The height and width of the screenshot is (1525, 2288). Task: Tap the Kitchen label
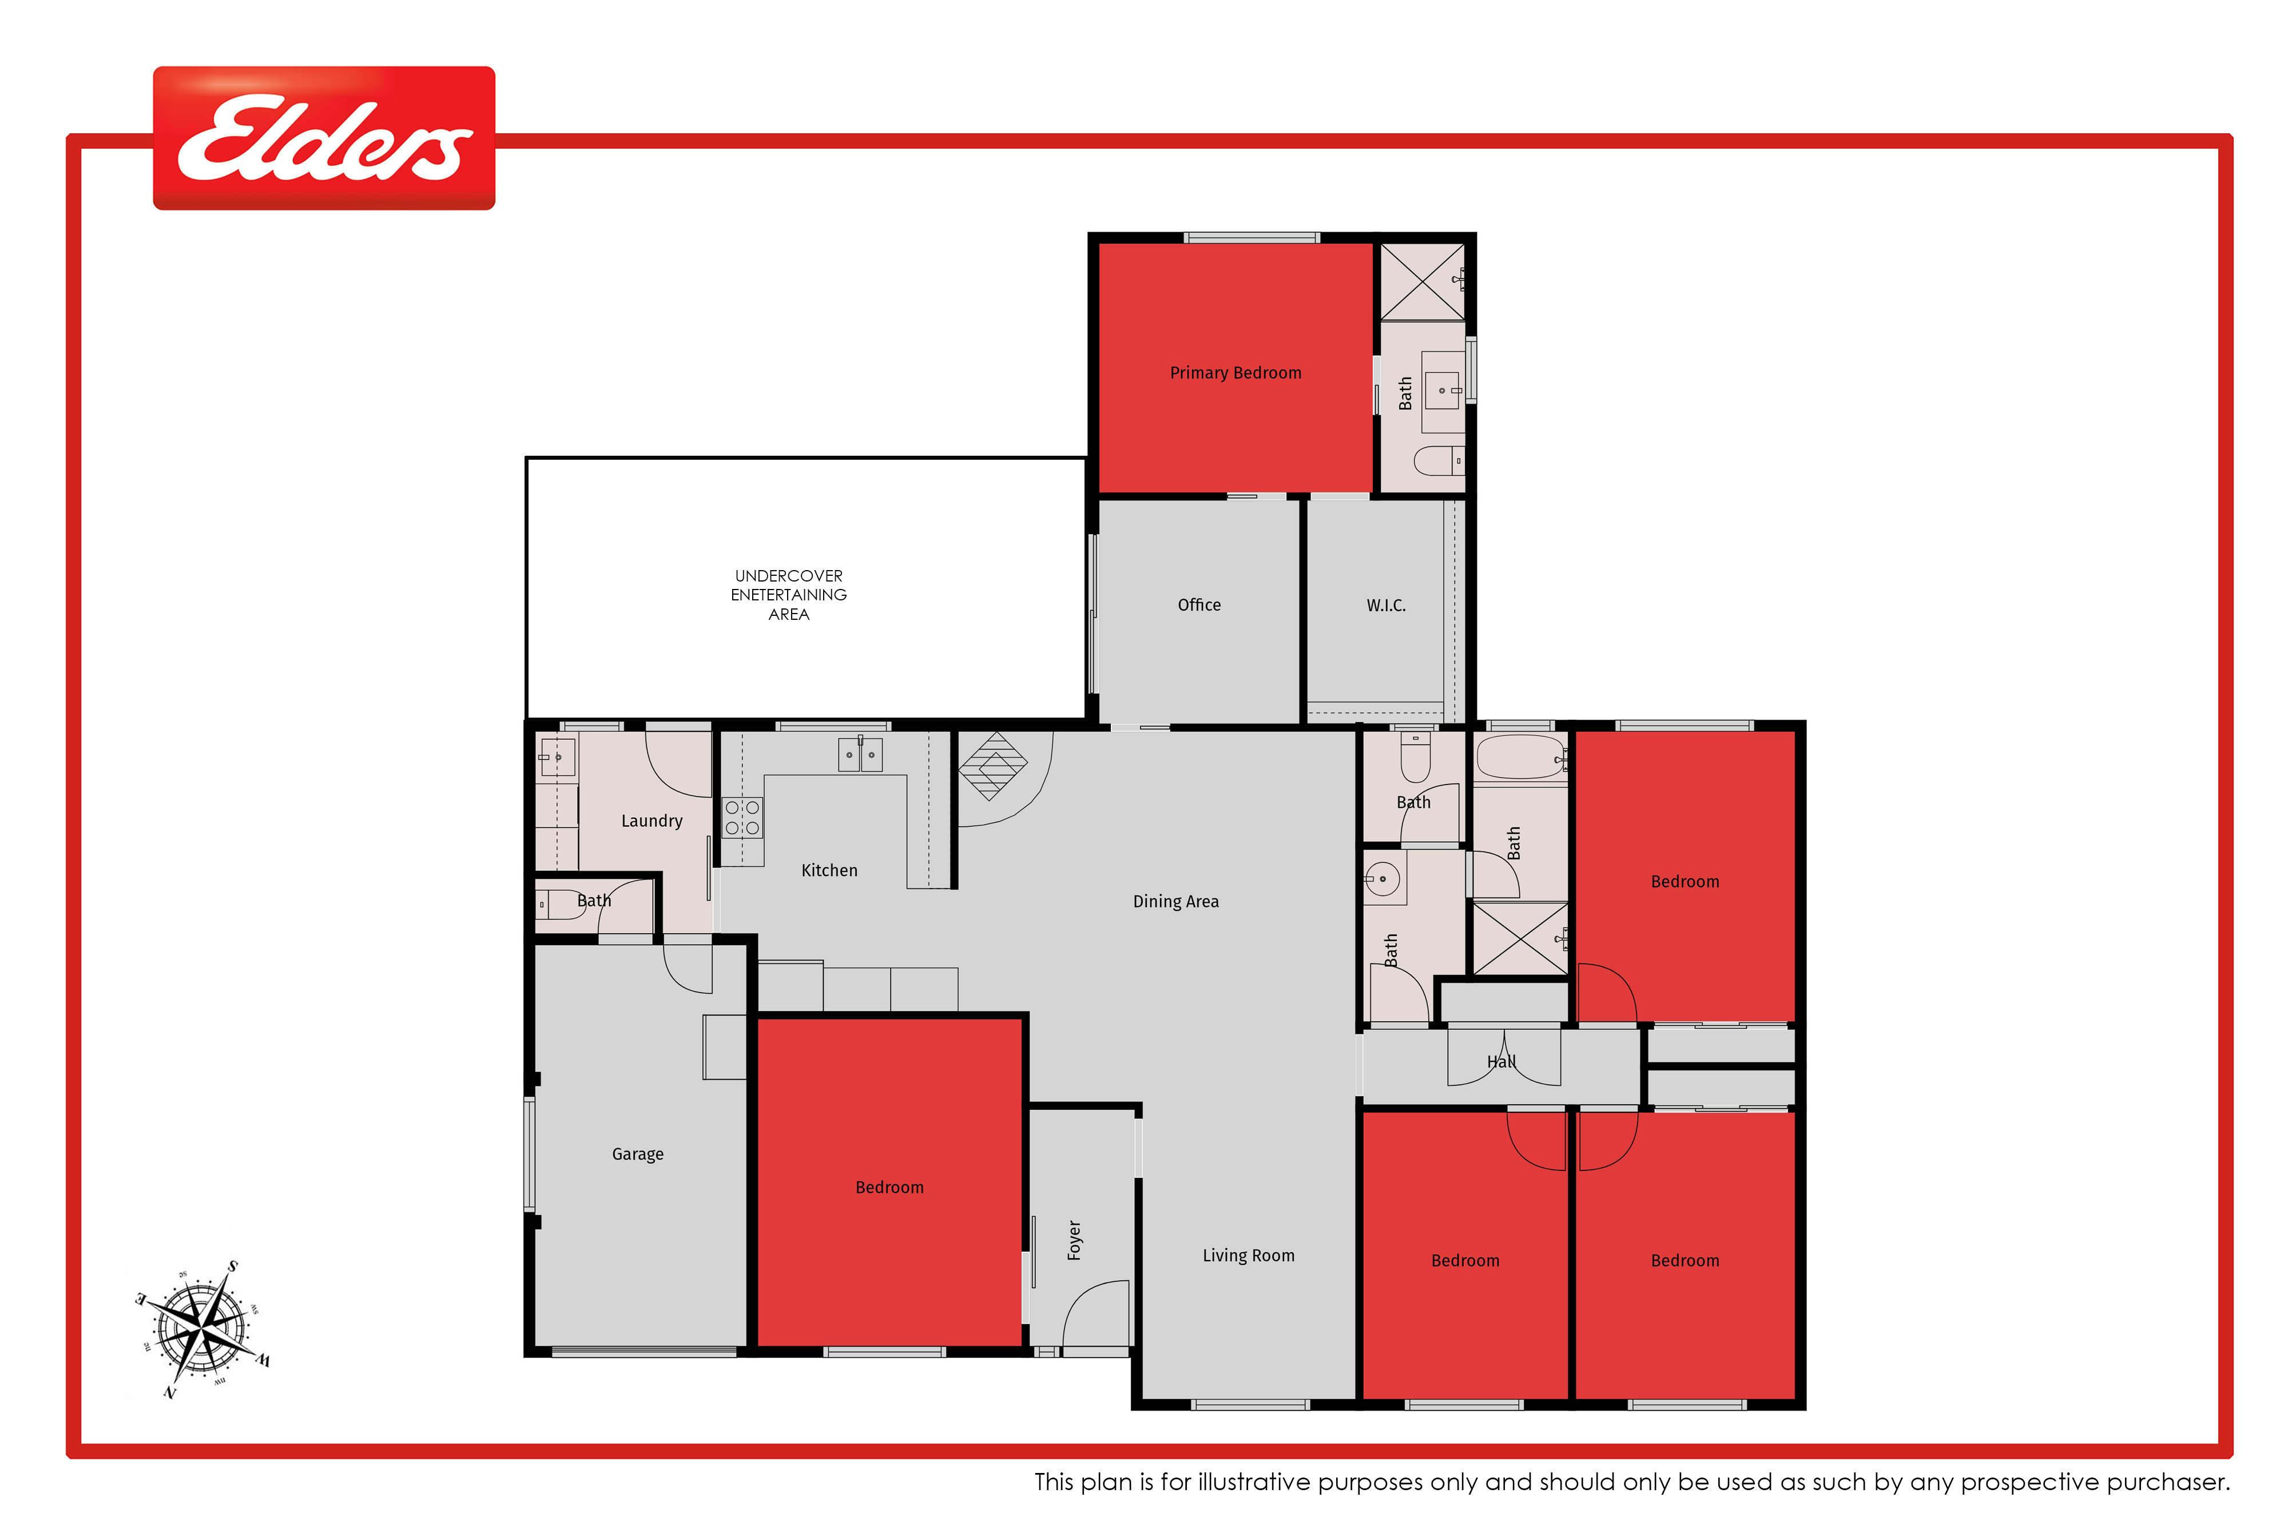tap(829, 870)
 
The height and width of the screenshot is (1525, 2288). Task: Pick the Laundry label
tap(652, 822)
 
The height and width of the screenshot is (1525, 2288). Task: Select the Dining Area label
tap(1175, 902)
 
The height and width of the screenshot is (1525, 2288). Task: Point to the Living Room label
tap(1248, 1256)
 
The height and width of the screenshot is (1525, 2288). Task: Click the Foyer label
tap(1074, 1240)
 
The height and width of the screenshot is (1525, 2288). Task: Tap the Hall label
tap(1501, 1062)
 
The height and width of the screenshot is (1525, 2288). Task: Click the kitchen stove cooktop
tap(742, 817)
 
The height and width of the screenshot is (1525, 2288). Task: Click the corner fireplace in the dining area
tap(992, 766)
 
